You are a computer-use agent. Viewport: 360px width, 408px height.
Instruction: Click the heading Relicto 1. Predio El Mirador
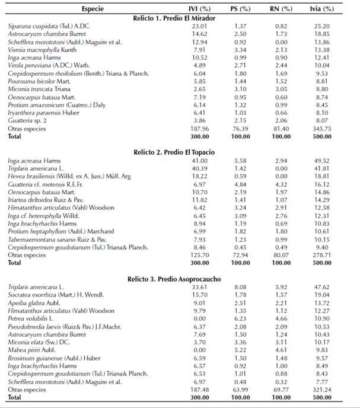click(x=181, y=18)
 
